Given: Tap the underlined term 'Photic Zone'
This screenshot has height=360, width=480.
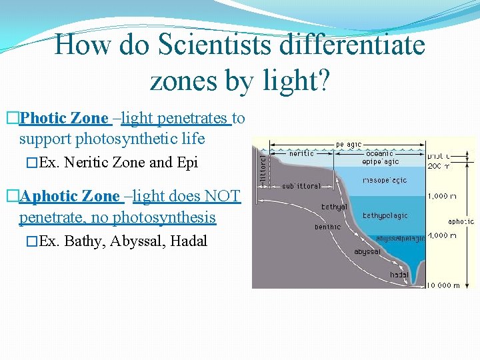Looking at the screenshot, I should click(x=64, y=119).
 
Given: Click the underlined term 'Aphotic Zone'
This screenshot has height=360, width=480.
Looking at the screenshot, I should click(x=69, y=197).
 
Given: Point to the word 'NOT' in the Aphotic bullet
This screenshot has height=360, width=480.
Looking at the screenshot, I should click(x=222, y=197).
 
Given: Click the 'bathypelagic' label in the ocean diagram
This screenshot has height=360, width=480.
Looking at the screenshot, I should click(x=385, y=216).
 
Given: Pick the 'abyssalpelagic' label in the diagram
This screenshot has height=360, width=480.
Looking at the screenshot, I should click(x=400, y=238).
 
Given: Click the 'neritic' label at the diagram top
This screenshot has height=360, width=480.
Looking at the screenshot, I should click(x=301, y=153).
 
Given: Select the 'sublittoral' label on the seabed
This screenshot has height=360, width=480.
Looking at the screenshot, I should click(x=301, y=186).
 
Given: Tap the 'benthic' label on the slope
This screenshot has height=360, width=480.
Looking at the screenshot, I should click(x=328, y=227).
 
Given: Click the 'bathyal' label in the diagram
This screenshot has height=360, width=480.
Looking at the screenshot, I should click(x=334, y=207).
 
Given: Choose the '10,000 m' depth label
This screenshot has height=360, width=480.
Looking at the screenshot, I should click(x=444, y=285).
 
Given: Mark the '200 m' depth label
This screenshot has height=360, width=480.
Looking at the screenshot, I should click(x=439, y=165).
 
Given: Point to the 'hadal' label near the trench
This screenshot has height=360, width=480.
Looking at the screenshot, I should click(x=399, y=275).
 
